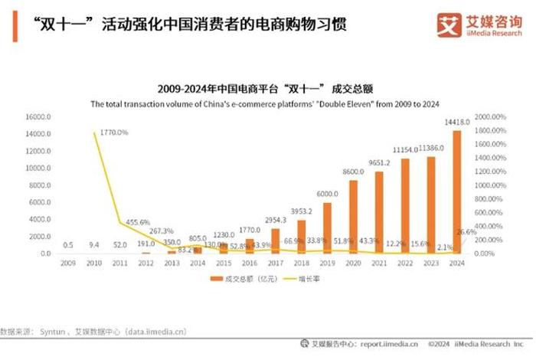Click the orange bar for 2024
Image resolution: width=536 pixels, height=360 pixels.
[x=457, y=192]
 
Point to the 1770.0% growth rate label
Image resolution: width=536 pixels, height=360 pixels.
[x=113, y=133]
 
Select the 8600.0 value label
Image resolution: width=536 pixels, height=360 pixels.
[x=353, y=173]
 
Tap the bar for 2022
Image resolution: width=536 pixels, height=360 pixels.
[x=405, y=206]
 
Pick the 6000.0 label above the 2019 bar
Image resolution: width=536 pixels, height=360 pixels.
[x=327, y=195]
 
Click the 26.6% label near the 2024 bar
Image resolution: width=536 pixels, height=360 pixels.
[x=466, y=231]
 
